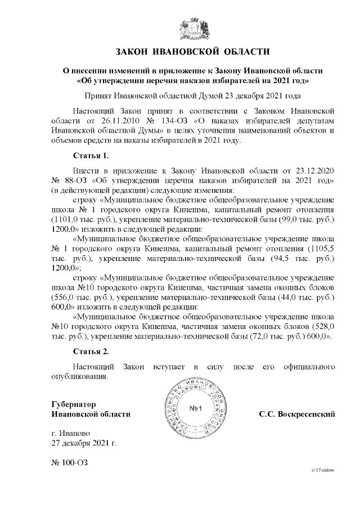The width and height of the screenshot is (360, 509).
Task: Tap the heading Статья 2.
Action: pos(91,352)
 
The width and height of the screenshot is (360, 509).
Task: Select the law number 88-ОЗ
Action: pos(70,180)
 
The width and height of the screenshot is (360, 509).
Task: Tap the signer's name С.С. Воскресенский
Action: pos(297,415)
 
